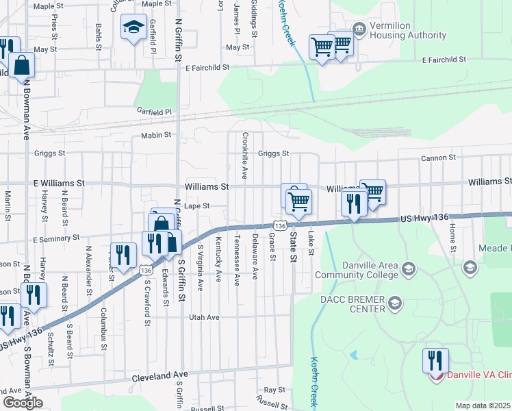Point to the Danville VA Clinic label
click(479, 375)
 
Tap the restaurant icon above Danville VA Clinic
click(435, 360)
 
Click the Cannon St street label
click(438, 158)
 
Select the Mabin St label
click(156, 136)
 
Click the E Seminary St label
click(56, 238)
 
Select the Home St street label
click(452, 238)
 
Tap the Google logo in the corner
click(22, 403)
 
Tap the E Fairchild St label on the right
click(444, 60)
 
